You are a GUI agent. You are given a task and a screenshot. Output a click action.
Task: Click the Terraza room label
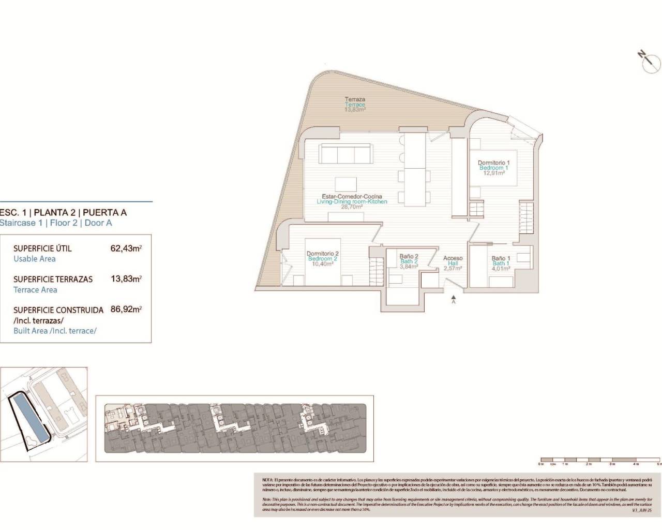pos(355,99)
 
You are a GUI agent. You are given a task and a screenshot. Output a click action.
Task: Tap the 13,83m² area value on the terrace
pos(355,110)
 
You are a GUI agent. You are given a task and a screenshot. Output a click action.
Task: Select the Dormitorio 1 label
pos(493,163)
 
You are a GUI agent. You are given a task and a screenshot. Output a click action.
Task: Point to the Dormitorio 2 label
pos(322,253)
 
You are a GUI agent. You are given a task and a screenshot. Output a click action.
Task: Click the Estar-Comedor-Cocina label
pos(352,196)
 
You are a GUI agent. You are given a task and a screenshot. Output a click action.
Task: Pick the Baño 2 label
pos(409,256)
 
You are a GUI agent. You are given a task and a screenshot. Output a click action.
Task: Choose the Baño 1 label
pos(501,258)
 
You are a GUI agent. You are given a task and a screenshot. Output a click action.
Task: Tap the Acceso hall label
pos(453,258)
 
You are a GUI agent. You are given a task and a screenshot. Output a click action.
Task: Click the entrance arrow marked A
pos(454,298)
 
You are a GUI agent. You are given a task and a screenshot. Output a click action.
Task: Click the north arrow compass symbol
pos(650,62)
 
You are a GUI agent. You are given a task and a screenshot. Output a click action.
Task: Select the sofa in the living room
pos(345,154)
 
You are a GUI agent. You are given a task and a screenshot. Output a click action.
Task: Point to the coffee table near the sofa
pos(345,184)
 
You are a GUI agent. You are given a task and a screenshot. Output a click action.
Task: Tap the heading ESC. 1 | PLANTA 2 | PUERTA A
pos(63,212)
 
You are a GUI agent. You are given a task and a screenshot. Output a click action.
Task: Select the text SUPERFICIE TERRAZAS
pos(53,279)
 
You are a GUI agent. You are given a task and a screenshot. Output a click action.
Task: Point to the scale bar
pos(600,460)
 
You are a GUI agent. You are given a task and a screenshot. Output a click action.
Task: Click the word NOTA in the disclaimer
pos(268,480)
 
